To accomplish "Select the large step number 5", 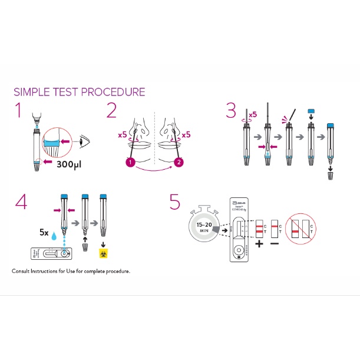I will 174,202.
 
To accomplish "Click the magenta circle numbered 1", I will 130,161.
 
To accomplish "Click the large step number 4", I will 21,202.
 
